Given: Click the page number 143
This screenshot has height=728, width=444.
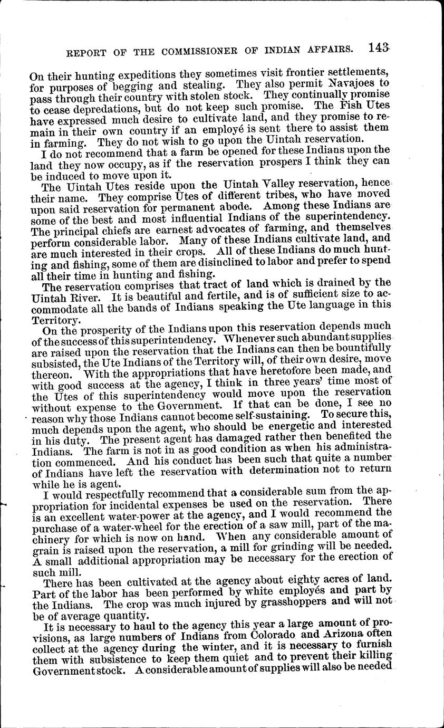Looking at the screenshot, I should (379, 48).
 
